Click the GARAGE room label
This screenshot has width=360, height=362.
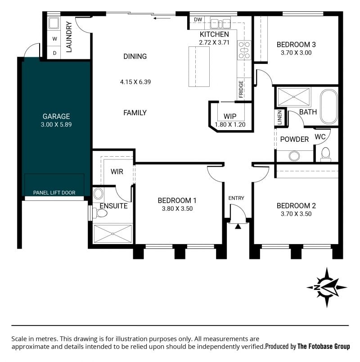[56, 116]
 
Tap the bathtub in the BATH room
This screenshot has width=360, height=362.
[329, 106]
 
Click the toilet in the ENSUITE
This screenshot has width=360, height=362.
[100, 213]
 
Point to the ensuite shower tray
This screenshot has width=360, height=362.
[112, 234]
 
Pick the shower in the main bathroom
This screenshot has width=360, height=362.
[293, 97]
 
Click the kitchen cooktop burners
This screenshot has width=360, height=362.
[244, 50]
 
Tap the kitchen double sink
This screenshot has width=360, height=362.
[220, 23]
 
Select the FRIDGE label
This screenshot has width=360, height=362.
[241, 89]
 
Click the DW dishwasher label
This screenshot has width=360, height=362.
[198, 20]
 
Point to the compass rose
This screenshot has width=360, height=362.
[327, 287]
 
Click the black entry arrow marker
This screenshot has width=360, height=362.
[238, 226]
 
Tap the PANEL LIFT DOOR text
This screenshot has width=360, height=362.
[54, 193]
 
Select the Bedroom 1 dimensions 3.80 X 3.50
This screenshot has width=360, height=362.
[177, 208]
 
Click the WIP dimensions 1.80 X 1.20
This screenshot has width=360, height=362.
[230, 124]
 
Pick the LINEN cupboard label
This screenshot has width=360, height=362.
[279, 118]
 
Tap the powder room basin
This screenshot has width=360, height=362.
[294, 156]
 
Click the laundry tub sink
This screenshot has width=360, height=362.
[54, 23]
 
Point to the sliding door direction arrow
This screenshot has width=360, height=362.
[162, 18]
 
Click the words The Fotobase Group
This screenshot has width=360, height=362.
[324, 346]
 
